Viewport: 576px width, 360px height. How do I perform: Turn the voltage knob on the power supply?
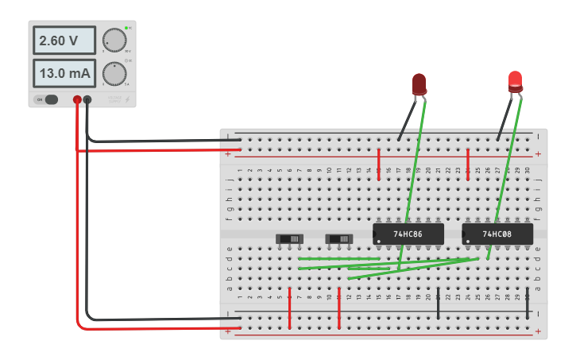(x=114, y=40)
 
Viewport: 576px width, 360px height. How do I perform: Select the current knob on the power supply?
(x=114, y=74)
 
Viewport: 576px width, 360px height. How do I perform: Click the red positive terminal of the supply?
(x=77, y=100)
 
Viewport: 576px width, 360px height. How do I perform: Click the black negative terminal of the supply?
(x=87, y=100)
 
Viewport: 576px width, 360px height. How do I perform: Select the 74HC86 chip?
(x=408, y=234)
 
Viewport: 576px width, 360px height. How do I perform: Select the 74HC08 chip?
(x=497, y=234)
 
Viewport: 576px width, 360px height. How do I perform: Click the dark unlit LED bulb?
(x=419, y=83)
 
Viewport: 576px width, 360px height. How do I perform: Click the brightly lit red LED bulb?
(x=516, y=80)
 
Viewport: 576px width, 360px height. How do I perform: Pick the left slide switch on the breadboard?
(x=289, y=238)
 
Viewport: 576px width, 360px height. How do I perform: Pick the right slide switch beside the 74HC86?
(x=339, y=238)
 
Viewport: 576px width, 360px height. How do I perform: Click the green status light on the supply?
(x=126, y=28)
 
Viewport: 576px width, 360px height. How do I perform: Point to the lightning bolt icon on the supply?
(x=127, y=100)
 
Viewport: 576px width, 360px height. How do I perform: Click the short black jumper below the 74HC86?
(x=439, y=304)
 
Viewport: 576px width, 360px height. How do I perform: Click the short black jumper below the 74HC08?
(x=528, y=304)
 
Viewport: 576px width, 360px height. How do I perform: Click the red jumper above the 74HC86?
(x=379, y=164)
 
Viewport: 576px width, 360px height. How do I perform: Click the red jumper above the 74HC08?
(x=468, y=164)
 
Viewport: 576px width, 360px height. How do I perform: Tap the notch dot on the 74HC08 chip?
(x=468, y=241)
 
